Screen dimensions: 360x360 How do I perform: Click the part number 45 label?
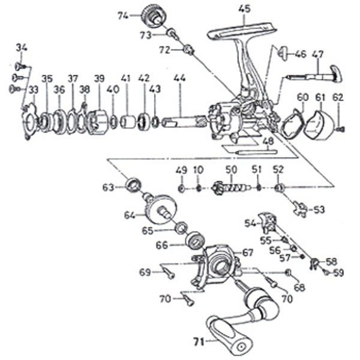click(x=244, y=8)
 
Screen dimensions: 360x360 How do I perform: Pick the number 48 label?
click(x=268, y=142)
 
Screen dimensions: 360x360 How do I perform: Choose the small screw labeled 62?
click(x=340, y=128)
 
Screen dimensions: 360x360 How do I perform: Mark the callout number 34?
click(x=22, y=47)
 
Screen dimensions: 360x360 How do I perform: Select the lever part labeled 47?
click(x=315, y=76)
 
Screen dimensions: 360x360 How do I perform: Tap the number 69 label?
click(x=145, y=272)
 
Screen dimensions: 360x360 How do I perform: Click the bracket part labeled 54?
click(x=268, y=221)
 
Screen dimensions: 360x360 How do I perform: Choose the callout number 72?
click(x=164, y=50)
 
